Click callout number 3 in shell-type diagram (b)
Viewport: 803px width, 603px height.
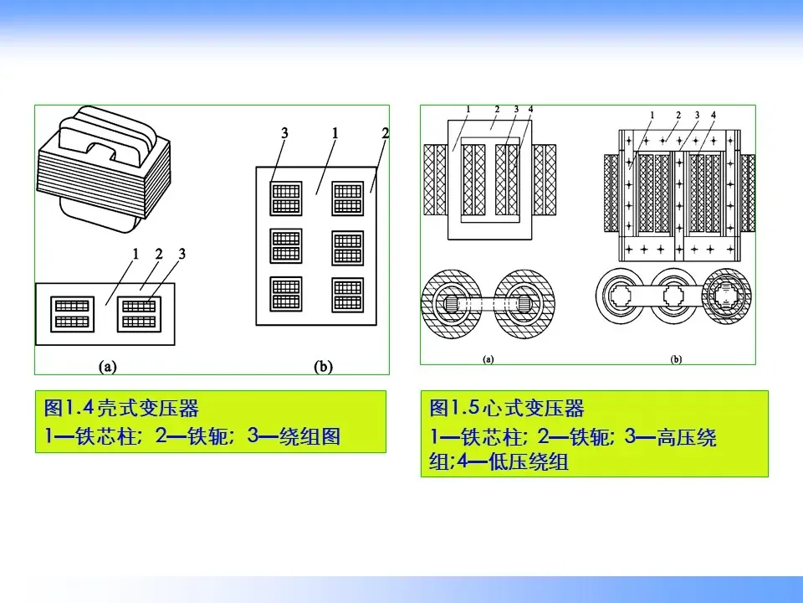pyautogui.click(x=284, y=134)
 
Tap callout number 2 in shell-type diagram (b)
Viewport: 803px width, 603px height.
pyautogui.click(x=385, y=134)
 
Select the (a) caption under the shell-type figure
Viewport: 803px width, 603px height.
pyautogui.click(x=107, y=367)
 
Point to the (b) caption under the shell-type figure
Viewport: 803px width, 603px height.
pyautogui.click(x=323, y=367)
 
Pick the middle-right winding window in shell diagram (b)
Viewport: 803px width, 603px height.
pyautogui.click(x=347, y=247)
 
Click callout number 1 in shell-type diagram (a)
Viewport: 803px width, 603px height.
pyautogui.click(x=135, y=254)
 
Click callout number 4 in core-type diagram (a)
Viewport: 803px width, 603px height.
pyautogui.click(x=531, y=110)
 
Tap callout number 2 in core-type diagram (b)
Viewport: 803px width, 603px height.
pyautogui.click(x=678, y=115)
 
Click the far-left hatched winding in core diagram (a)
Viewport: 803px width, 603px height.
pyautogui.click(x=436, y=178)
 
